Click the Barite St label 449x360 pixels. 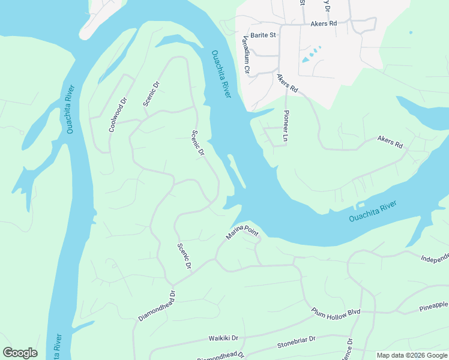[263, 35]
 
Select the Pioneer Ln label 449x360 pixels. [286, 125]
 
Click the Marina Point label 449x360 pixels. [241, 231]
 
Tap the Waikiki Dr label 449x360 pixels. [223, 338]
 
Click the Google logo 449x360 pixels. [20, 352]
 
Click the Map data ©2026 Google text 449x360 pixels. [412, 355]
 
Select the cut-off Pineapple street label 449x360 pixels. [432, 305]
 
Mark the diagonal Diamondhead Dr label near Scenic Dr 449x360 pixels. [157, 305]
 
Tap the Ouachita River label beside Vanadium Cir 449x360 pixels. [221, 76]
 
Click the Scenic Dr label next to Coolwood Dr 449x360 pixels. [152, 94]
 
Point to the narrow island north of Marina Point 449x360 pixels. [235, 173]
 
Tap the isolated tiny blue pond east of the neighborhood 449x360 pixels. [411, 32]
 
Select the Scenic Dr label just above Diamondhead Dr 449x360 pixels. [184, 256]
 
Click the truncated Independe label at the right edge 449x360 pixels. [434, 259]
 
